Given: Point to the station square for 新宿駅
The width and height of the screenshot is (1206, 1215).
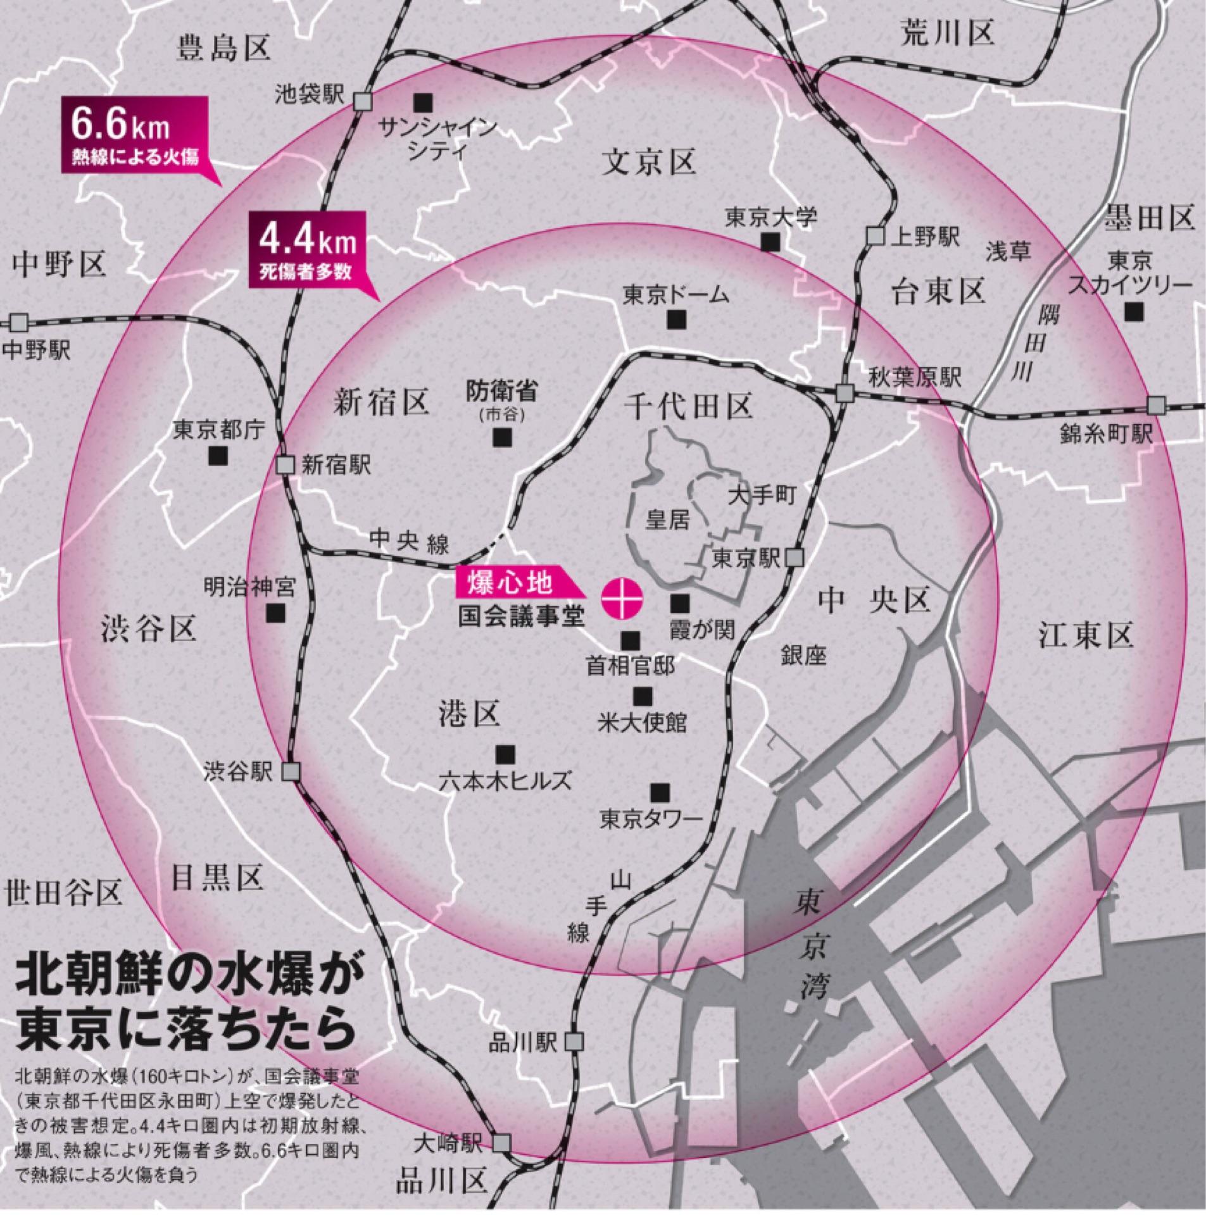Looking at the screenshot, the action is pos(286,465).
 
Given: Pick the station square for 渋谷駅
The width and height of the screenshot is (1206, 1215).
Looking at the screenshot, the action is pos(291,771).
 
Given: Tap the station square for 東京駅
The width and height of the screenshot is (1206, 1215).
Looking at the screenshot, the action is pos(795,558).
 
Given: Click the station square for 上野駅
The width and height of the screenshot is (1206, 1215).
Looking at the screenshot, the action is pos(875,236).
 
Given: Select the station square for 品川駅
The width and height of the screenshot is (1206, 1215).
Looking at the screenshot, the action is pos(575,1041).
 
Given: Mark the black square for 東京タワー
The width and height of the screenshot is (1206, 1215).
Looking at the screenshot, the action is pos(660,792).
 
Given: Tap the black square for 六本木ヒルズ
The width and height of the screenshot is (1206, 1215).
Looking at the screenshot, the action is pos(505,754).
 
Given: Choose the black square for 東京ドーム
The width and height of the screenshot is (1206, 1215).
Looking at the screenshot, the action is pos(677,319).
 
